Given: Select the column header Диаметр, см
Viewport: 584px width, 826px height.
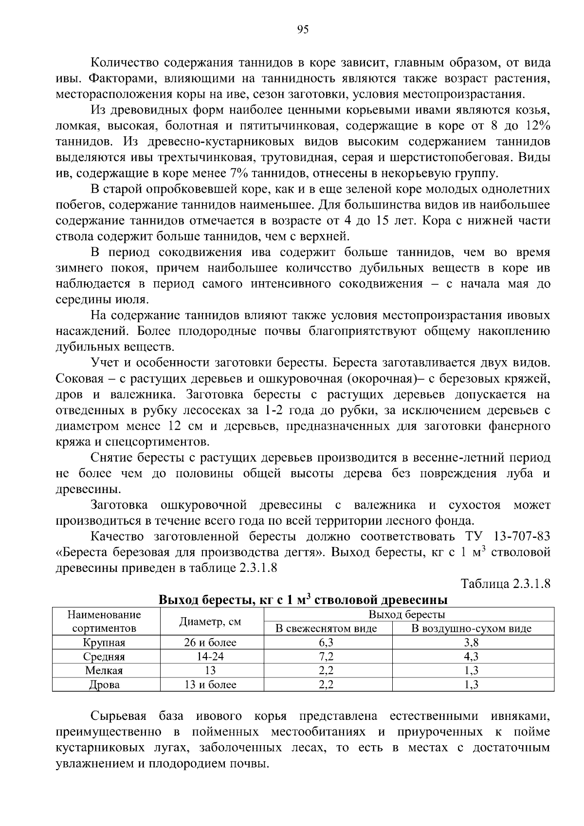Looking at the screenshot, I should [210, 622].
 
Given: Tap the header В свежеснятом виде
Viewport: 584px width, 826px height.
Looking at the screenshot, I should [327, 628].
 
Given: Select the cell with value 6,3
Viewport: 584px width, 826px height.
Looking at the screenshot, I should [327, 642].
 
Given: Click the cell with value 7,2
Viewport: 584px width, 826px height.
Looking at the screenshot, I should [327, 657].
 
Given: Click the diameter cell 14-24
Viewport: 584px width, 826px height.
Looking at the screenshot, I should [210, 657].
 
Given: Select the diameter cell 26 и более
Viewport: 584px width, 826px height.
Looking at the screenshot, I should [210, 642].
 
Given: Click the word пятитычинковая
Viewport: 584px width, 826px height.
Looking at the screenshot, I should [288, 126].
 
